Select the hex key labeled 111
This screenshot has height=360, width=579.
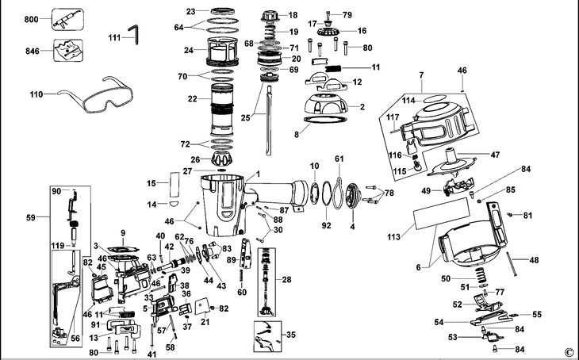coord(134,34)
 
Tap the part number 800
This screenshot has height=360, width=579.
coord(32,19)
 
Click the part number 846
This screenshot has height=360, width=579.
coord(33,51)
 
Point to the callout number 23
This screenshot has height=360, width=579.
coord(190,11)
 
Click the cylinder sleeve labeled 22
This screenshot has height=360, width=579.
coord(222,110)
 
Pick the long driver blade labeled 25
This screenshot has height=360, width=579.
coord(269,121)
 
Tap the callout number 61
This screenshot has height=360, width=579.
coord(339,159)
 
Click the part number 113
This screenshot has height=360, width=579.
coord(393,236)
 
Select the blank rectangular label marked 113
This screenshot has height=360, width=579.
coord(442,213)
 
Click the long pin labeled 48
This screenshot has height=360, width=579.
coord(510,263)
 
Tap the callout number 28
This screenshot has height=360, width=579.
coord(286,279)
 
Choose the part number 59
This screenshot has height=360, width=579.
coord(31,217)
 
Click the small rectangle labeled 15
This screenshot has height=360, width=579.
coord(174,184)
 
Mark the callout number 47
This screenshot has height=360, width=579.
coord(495,155)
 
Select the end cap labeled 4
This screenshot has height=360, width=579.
coord(353,194)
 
